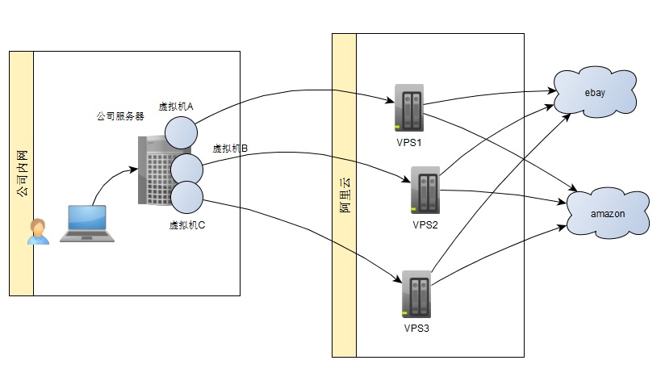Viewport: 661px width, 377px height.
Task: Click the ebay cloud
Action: click(595, 93)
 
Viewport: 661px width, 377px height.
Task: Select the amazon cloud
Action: click(607, 213)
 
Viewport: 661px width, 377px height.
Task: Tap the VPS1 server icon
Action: click(408, 108)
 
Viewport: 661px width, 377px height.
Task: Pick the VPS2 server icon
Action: click(425, 191)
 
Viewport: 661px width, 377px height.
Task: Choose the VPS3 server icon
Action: click(416, 295)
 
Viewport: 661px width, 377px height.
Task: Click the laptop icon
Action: click(86, 224)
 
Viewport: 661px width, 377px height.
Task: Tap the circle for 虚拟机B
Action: click(186, 168)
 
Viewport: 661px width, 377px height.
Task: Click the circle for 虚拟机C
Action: click(186, 198)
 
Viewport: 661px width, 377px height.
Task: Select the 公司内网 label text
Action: click(22, 173)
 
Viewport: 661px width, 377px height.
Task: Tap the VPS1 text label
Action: click(409, 142)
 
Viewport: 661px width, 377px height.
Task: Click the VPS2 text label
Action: click(425, 225)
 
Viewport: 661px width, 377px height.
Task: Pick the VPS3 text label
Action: click(416, 329)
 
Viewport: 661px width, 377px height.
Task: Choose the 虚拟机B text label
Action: click(230, 149)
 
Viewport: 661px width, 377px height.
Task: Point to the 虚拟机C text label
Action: click(187, 225)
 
